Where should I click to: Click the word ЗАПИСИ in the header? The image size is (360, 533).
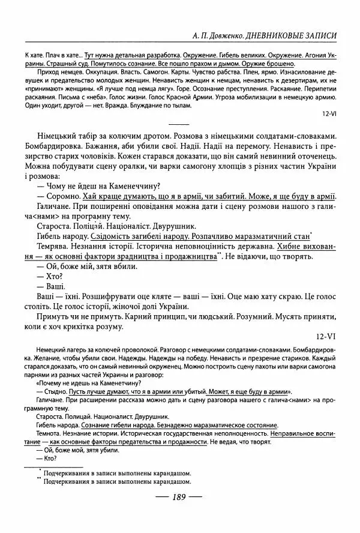(x=317, y=36)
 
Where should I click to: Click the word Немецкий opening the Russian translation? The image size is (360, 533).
(x=54, y=348)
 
